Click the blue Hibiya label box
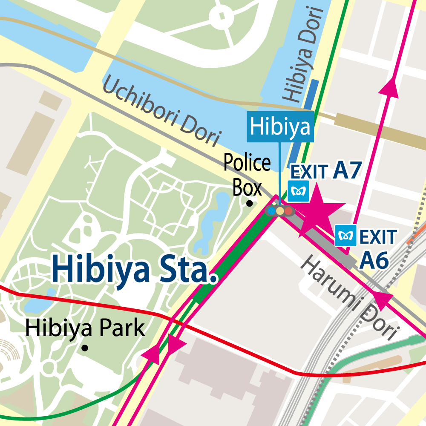point(280,127)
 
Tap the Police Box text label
point(247,175)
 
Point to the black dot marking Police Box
point(250,204)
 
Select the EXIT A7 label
point(326,170)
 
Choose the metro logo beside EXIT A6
point(345,236)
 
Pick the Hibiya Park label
point(85,328)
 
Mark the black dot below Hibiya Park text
point(85,348)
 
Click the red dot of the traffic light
point(288,210)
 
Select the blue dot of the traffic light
point(271,210)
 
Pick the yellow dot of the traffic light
point(280,210)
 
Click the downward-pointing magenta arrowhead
point(176,345)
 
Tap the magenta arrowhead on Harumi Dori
point(383,300)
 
